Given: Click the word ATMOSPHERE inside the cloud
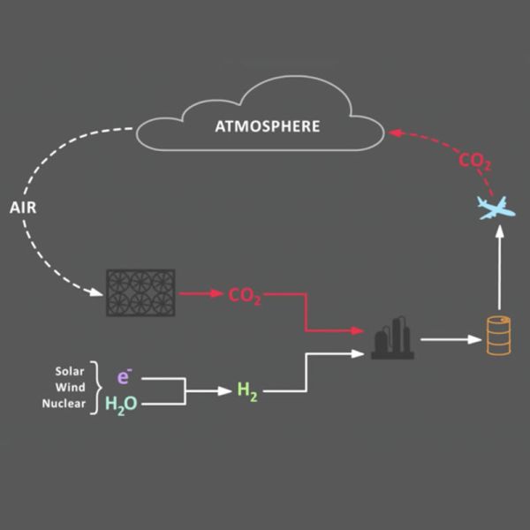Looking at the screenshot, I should tap(268, 126).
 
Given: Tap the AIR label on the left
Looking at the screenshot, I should tap(22, 208).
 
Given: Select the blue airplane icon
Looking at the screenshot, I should tap(496, 208).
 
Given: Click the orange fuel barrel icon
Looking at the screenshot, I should tap(499, 337).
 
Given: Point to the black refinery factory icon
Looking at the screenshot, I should tap(393, 338).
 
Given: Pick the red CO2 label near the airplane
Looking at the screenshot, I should tap(474, 162).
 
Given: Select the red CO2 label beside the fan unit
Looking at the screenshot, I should tap(245, 295).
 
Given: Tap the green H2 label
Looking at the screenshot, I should tap(246, 390).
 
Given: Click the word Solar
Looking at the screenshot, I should tap(70, 371).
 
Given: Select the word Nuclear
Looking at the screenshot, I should tap(64, 404).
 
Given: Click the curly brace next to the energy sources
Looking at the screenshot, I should tap(95, 387).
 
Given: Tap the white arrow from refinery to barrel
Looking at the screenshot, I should tap(449, 338).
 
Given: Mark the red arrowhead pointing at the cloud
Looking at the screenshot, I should tap(395, 133).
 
